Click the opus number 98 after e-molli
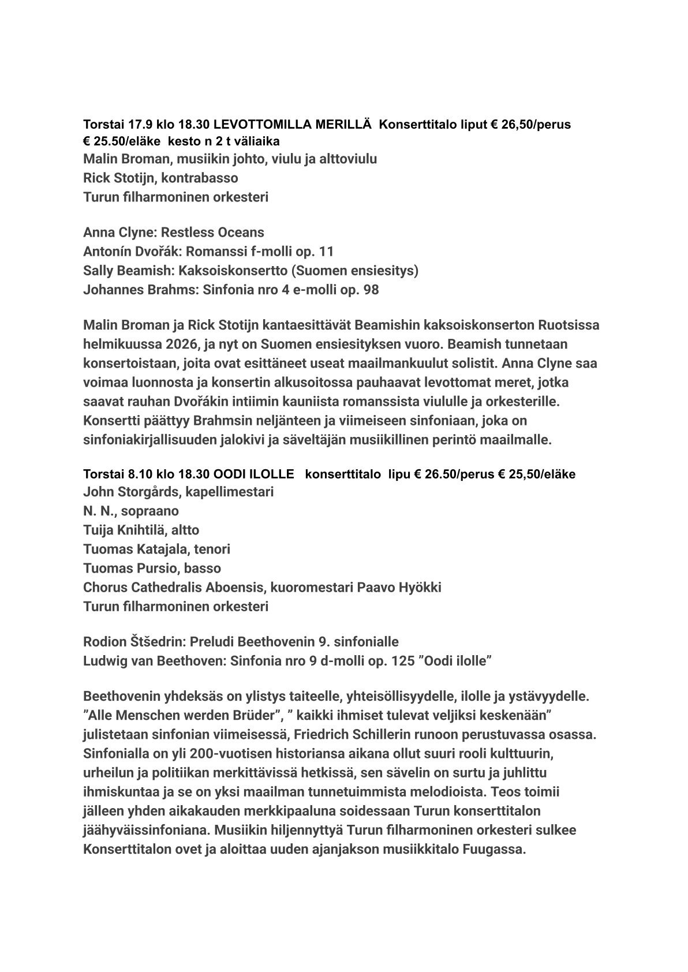pyautogui.click(x=371, y=290)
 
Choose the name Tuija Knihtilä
pyautogui.click(x=125, y=530)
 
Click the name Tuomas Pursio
pyautogui.click(x=130, y=569)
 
